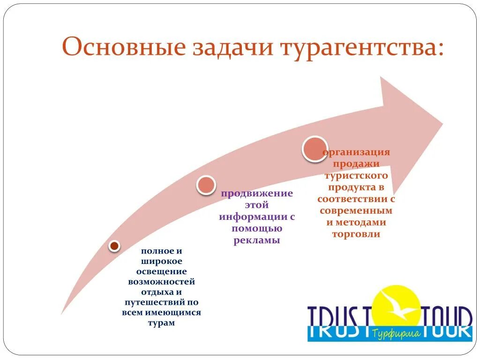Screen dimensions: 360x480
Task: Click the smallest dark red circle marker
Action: [114, 246]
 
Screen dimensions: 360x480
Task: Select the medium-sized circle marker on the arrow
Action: [205, 185]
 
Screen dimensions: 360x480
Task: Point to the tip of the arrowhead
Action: [442, 124]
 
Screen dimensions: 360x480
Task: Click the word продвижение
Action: [257, 194]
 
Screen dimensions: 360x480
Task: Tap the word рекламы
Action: [257, 240]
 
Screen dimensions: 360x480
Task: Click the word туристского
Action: [356, 176]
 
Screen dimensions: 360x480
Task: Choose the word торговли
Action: [356, 234]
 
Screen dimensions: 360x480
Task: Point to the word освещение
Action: [161, 271]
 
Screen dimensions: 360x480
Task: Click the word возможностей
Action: [161, 282]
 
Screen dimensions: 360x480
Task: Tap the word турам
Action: [161, 323]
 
